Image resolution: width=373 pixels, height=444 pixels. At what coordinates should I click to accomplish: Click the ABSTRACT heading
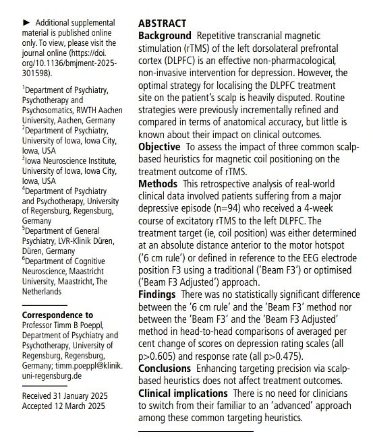coord(164,22)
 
